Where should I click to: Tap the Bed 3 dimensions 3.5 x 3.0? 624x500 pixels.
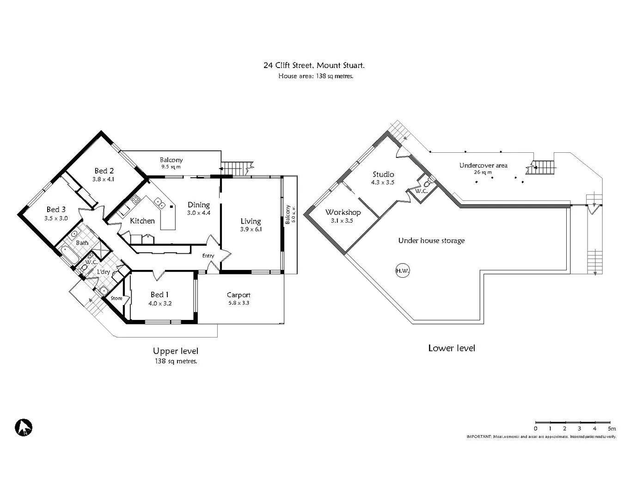[x=56, y=218]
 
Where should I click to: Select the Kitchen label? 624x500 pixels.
[x=142, y=221]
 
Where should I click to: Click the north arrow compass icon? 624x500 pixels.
[x=23, y=427]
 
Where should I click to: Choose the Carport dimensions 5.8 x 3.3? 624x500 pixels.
[x=239, y=303]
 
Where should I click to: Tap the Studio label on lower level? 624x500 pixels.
[x=383, y=174]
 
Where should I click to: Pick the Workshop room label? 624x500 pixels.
[x=343, y=212]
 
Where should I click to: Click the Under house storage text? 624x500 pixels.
[x=431, y=240]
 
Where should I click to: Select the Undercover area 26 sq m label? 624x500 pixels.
[x=483, y=169]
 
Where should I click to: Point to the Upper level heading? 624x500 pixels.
[x=176, y=351]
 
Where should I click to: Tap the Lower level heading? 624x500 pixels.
[x=451, y=348]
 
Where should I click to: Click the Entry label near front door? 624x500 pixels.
[x=208, y=256]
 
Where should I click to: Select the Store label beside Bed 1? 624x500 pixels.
[x=116, y=298]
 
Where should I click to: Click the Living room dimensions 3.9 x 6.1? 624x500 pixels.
[x=251, y=229]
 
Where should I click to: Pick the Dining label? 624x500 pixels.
[x=199, y=205]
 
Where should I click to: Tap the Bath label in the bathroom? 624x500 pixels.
[x=82, y=243]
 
